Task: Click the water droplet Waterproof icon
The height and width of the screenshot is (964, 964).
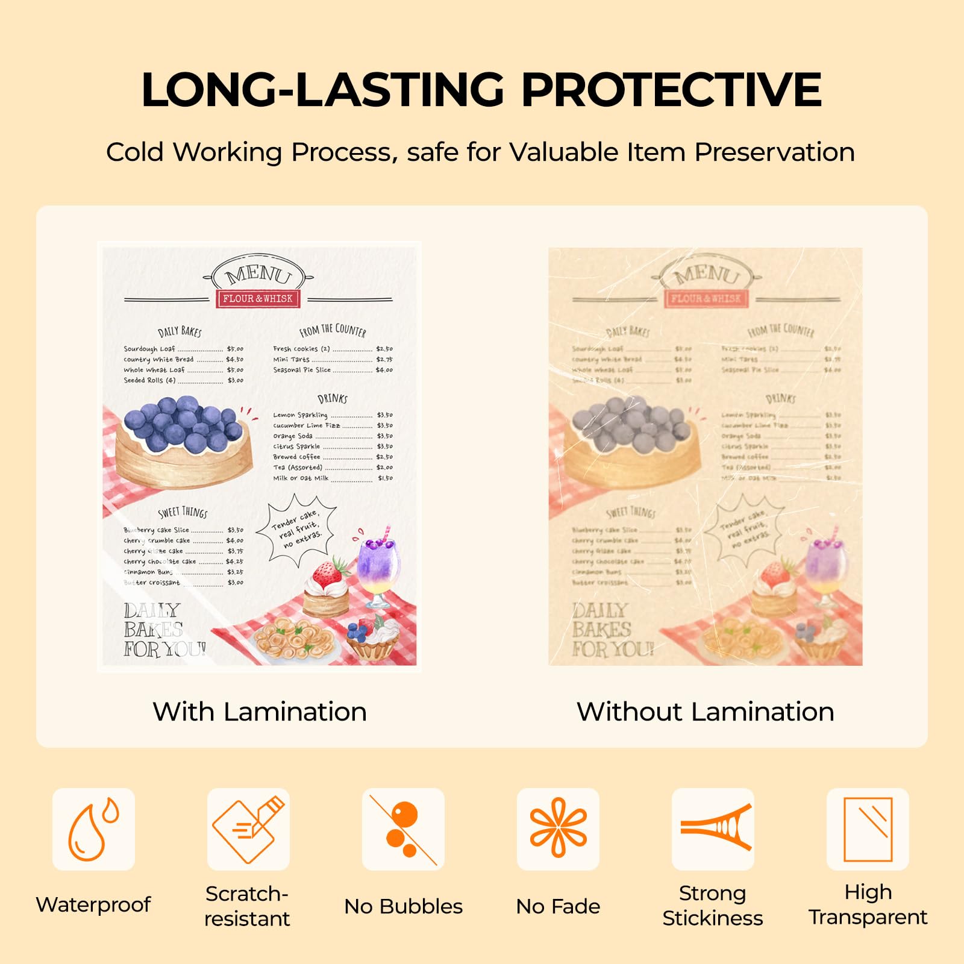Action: [x=93, y=829]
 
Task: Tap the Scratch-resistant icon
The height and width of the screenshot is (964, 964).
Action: [x=248, y=829]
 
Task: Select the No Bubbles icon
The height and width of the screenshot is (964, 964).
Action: [x=403, y=829]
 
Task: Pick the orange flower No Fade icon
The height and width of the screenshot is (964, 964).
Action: [x=558, y=829]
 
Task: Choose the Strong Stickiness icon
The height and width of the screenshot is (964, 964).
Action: [x=713, y=829]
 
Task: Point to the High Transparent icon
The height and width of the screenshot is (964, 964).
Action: [x=868, y=829]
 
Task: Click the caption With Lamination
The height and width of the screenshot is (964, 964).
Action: [x=260, y=712]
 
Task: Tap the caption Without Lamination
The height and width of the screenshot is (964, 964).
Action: [x=705, y=712]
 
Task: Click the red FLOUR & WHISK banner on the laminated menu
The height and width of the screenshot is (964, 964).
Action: [x=258, y=298]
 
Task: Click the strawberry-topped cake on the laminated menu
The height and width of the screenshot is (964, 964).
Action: [x=326, y=587]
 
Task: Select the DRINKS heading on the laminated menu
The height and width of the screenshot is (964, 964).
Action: [x=332, y=398]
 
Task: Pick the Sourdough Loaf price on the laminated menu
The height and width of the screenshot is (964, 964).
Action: [x=235, y=349]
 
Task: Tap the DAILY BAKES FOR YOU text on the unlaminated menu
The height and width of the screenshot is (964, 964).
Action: [x=612, y=630]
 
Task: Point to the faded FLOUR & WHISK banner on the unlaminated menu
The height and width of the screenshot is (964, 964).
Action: [x=706, y=298]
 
